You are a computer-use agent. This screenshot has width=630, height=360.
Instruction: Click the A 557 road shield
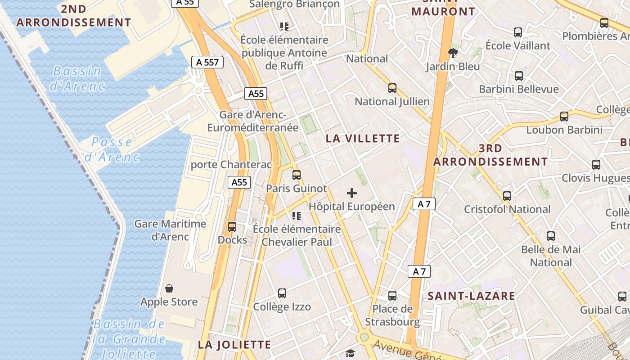click(x=207, y=62)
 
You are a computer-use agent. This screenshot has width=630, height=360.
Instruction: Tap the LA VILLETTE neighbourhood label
click(x=363, y=139)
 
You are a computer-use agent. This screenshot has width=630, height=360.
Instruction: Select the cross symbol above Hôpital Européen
click(x=352, y=193)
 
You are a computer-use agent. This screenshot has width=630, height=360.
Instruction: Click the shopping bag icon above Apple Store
click(x=169, y=288)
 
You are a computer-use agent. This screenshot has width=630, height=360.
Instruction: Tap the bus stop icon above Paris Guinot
click(x=296, y=175)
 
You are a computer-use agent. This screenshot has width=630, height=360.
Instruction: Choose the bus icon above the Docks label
click(x=232, y=227)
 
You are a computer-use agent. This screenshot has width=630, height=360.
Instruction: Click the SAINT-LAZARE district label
click(x=471, y=296)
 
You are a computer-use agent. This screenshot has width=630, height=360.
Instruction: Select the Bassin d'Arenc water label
click(x=77, y=78)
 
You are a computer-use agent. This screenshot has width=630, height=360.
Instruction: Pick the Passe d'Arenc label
click(x=112, y=149)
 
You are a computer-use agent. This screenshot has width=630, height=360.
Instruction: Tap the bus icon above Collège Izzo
click(x=282, y=293)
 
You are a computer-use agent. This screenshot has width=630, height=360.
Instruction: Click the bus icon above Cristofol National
click(x=507, y=196)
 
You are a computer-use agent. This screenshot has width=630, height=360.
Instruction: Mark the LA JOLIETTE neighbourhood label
click(x=234, y=345)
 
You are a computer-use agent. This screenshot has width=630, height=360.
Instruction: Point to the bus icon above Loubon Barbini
click(x=564, y=117)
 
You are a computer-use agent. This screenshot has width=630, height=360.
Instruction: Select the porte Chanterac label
click(x=231, y=165)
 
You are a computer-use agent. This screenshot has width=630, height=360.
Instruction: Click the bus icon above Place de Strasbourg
click(x=392, y=296)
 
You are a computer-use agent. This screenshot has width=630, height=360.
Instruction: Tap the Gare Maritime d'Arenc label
click(x=170, y=230)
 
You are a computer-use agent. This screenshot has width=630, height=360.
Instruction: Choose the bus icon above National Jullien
click(x=392, y=88)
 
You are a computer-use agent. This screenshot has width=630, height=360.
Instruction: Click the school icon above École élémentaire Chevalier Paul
click(x=297, y=216)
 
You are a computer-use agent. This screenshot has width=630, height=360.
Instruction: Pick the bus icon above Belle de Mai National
click(x=551, y=236)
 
